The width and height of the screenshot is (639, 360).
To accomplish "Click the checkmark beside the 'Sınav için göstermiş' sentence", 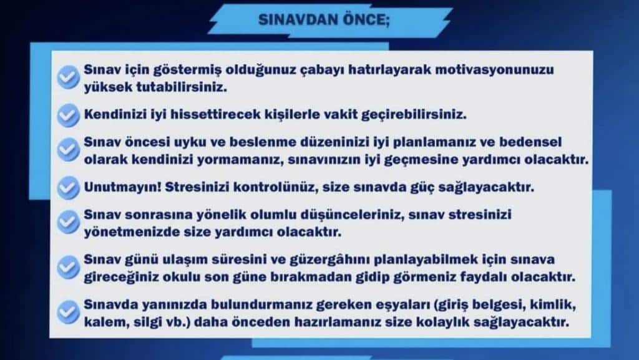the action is [x=68, y=77].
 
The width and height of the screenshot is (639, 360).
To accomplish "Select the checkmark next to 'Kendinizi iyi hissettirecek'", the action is [x=68, y=114].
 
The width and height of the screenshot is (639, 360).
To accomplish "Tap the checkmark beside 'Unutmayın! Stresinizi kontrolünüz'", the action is [x=68, y=187].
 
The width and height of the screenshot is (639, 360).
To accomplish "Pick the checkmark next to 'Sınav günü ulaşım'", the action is [x=68, y=268].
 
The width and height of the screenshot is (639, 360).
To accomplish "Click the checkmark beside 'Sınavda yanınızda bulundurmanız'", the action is [x=68, y=313].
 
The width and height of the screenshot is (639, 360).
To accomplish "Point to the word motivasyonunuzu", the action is [x=495, y=70].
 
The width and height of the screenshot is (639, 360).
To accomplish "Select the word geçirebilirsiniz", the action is [x=412, y=115].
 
